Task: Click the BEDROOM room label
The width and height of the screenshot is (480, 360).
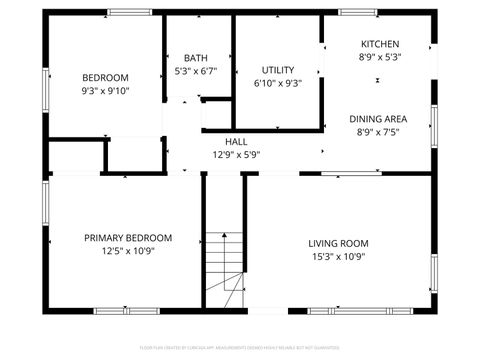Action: pos(105,78)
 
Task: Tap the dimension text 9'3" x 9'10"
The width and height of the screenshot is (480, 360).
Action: pos(105,91)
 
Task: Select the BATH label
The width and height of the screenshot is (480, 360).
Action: pos(195,58)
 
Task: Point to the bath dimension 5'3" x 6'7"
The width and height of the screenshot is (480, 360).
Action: pos(195,71)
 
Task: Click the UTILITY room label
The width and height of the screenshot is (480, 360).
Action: pos(278,70)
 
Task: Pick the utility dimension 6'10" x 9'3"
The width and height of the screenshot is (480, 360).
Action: pos(278,83)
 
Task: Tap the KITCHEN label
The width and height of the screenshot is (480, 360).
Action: pos(380,44)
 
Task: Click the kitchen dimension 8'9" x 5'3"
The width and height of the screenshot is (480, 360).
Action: pos(380,57)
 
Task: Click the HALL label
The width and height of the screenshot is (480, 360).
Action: pos(236,141)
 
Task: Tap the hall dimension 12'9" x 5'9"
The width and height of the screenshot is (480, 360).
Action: pos(236,154)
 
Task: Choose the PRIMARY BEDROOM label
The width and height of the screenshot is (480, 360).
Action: pos(128,238)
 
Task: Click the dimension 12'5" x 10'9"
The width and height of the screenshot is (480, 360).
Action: pos(128,251)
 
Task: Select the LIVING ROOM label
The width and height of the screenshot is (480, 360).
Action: pos(338,243)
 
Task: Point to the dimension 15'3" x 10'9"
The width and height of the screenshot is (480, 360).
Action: pos(338,256)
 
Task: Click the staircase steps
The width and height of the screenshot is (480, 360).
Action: pos(225,268)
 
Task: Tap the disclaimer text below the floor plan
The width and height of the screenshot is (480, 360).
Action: pos(240,349)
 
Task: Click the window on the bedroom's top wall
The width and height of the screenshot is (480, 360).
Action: pos(129,12)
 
